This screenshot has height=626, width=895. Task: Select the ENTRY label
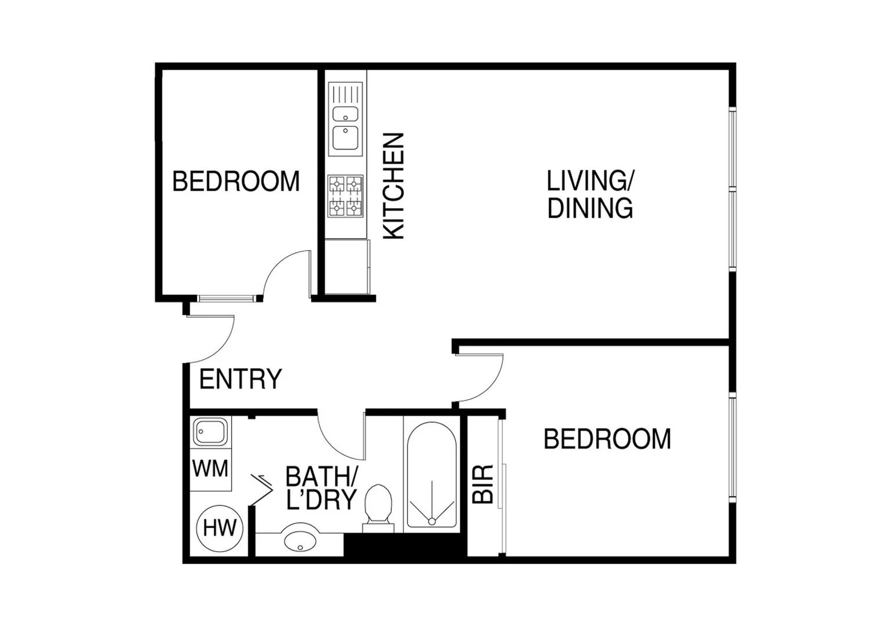pyautogui.click(x=240, y=379)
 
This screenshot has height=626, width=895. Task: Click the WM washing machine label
pyautogui.click(x=210, y=468)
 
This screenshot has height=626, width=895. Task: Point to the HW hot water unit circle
pyautogui.click(x=219, y=528)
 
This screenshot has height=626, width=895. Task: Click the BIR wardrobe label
pyautogui.click(x=483, y=483)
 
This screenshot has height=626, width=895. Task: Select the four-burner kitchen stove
pyautogui.click(x=346, y=196)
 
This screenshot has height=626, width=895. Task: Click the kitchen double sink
pyautogui.click(x=346, y=119)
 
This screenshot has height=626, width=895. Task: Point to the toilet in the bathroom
pyautogui.click(x=378, y=506)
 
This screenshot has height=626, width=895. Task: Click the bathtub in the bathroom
pyautogui.click(x=432, y=475)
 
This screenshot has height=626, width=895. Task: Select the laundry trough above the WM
pyautogui.click(x=210, y=432)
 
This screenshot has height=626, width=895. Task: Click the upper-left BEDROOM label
pyautogui.click(x=236, y=181)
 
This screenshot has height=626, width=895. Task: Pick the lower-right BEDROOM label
pyautogui.click(x=607, y=439)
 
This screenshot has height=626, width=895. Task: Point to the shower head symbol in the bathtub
pyautogui.click(x=432, y=521)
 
